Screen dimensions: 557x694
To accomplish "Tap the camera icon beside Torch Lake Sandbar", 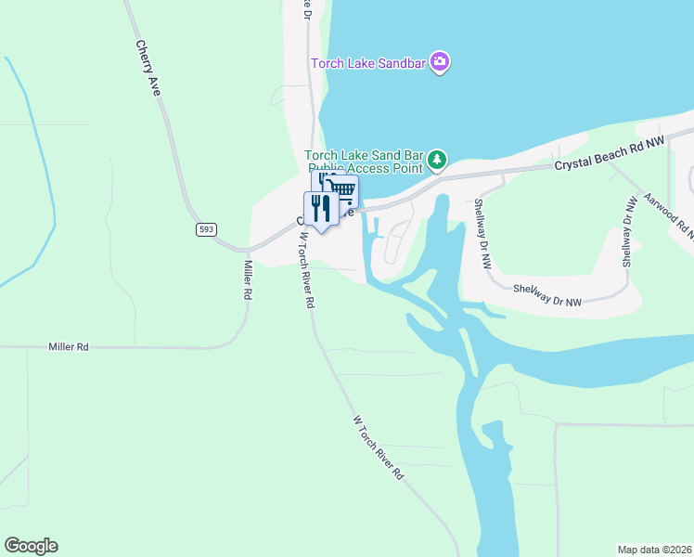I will pos(441,62).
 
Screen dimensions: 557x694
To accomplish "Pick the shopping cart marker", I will pos(343,190).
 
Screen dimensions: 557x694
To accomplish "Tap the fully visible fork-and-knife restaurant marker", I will pos(320,208).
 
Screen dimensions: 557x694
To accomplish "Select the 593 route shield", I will pos(206,228).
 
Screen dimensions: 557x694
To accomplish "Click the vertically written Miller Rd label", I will pos(248,278).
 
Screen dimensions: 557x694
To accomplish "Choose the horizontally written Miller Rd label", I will pos(69,346).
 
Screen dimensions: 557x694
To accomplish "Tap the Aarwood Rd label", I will pos(666,213).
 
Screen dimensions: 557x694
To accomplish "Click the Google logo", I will pos(31,546).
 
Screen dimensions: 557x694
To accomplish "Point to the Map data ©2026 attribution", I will pos(654,549).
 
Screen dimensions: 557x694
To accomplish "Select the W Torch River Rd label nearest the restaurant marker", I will pos(307,269).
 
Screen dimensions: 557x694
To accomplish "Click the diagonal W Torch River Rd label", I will pos(379,447).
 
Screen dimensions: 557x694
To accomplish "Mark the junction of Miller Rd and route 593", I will pos(245,250).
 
